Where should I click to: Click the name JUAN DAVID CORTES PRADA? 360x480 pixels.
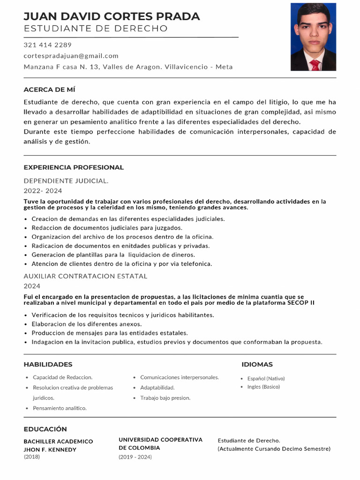pos(112,16)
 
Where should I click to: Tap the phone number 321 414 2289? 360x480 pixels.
pos(47,45)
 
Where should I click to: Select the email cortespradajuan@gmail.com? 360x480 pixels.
pos(71,56)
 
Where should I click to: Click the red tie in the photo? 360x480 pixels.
pos(315,65)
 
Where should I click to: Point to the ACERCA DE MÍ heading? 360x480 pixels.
pos(49,90)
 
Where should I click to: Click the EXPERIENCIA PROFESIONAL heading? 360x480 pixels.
pos(74,167)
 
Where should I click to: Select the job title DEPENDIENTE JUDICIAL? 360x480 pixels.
pos(66,180)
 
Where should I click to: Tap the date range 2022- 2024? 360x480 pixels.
pos(43,191)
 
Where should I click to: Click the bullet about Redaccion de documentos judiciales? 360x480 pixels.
pos(107,228)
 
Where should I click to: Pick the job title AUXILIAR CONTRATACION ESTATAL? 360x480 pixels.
pos(85,276)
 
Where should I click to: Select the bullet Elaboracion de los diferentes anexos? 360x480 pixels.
pos(87,324)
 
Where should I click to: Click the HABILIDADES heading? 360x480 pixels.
pos(48,364)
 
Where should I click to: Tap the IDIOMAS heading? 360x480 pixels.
pos(257,364)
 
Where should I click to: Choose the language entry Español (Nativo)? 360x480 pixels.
pos(266,378)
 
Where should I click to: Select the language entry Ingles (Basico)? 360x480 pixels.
pos(263,387)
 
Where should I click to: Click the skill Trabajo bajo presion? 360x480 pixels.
pos(165,398)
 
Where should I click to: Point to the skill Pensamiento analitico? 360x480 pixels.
pos(60,408)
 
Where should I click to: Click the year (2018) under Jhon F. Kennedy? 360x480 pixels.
pos(32,457)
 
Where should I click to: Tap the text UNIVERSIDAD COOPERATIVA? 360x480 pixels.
pos(160,440)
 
